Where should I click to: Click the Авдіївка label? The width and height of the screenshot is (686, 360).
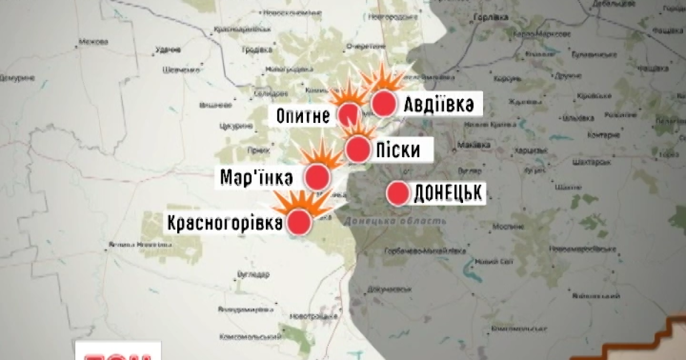coord(439,105)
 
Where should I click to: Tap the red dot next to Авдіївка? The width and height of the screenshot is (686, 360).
coord(384,104)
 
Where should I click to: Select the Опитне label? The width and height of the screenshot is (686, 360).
coord(303,117)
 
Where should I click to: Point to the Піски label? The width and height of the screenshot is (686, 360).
coord(398,151)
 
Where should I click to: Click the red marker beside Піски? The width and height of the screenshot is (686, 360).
coord(357,150)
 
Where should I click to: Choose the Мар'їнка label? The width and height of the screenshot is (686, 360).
coord(257,178)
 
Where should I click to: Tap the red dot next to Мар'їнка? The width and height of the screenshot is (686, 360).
coord(318,177)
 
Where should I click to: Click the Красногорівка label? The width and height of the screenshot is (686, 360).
coord(225,223)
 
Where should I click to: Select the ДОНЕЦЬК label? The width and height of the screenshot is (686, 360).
coord(448,194)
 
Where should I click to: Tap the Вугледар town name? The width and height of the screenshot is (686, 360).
coord(252,275)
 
